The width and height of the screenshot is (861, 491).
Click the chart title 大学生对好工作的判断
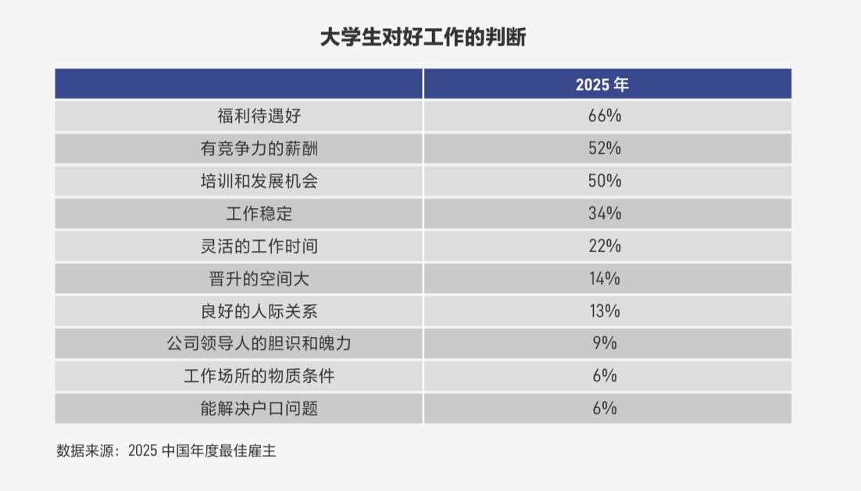(x=423, y=37)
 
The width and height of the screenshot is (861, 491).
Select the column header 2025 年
(x=602, y=84)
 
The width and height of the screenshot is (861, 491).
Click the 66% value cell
(x=604, y=116)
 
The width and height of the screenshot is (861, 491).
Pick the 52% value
(x=604, y=149)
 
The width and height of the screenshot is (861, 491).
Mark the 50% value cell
(x=604, y=181)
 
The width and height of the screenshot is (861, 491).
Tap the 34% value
(x=604, y=213)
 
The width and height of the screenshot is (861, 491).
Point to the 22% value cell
(x=604, y=246)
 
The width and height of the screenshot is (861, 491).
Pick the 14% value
(x=604, y=278)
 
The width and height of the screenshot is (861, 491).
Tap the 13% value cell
(x=604, y=311)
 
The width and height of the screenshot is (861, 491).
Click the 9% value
(x=604, y=343)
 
